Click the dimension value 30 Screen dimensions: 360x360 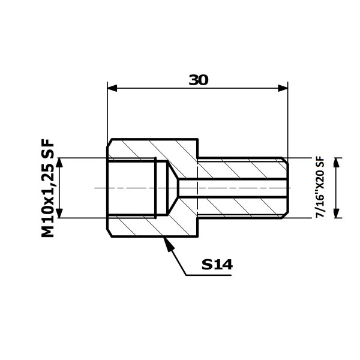(x=199, y=80)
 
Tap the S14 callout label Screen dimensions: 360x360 (x=217, y=265)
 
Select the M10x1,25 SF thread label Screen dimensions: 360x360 (x=48, y=188)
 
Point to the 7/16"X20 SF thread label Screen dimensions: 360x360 (x=320, y=187)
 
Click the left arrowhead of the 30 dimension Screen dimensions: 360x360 (x=112, y=88)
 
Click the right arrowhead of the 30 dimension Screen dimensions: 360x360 (x=283, y=88)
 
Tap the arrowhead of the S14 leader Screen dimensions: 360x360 (x=167, y=245)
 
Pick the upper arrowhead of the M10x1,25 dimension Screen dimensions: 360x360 (x=59, y=163)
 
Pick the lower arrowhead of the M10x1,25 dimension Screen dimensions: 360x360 (x=59, y=213)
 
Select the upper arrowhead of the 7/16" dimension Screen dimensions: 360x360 (x=337, y=163)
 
